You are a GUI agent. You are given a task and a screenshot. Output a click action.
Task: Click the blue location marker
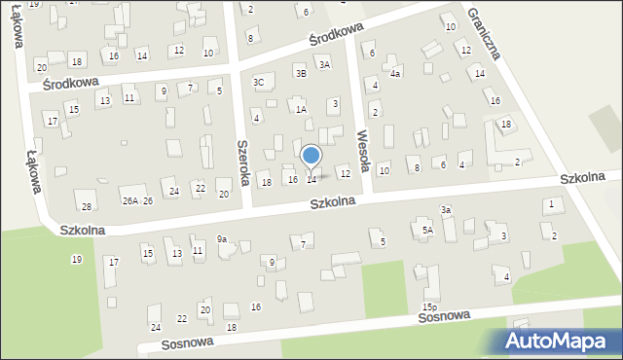pyautogui.click(x=311, y=155)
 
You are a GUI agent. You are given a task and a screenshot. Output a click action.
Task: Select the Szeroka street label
pyautogui.click(x=243, y=160)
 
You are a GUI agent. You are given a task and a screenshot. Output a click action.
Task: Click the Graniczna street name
pyautogui.click(x=483, y=32)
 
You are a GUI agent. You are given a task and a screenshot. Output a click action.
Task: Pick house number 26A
pyautogui.click(x=129, y=201)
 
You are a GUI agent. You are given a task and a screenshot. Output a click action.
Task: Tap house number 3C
pyautogui.click(x=259, y=83)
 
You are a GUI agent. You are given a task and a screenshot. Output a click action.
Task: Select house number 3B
pyautogui.click(x=301, y=72)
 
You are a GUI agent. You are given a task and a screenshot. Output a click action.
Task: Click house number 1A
pyautogui.click(x=302, y=110)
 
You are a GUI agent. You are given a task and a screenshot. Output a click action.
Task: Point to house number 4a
pyautogui.click(x=395, y=73)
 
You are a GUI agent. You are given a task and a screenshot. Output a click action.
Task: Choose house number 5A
pyautogui.click(x=427, y=231)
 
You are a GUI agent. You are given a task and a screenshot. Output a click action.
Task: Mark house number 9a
pyautogui.click(x=222, y=238)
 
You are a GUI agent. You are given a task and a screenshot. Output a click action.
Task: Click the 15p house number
pyautogui.click(x=429, y=307)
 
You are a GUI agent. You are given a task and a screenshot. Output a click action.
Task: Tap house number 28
pyautogui.click(x=87, y=206)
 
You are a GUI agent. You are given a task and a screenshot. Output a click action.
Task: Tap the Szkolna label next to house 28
pyautogui.click(x=82, y=231)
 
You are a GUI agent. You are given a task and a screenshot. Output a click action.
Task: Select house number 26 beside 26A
pyautogui.click(x=148, y=201)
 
